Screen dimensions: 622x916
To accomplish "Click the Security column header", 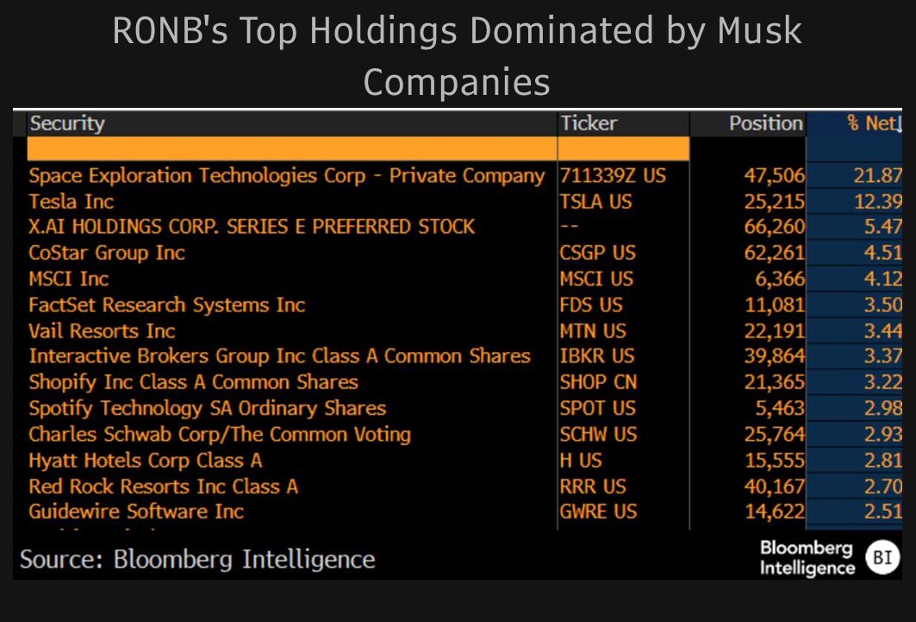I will point(67,123).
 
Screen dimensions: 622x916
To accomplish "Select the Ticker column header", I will point(589,123).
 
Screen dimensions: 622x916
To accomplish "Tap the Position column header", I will point(765,123).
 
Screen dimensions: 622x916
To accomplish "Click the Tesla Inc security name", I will point(72,202).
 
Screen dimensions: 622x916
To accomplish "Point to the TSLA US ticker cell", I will point(595,202).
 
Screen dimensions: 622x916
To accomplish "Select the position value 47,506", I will point(774,176).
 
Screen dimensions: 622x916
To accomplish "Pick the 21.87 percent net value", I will point(879,176).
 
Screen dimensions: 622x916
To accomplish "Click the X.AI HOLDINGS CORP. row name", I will point(252,227).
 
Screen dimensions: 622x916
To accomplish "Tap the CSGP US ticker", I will point(596,253).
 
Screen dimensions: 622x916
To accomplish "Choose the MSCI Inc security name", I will point(69,279).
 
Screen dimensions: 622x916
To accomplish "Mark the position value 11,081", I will point(774,305).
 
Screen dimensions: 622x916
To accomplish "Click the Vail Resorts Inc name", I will point(102,330).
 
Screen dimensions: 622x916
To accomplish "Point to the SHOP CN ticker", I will point(597,382).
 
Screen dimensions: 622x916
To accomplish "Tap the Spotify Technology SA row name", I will point(207,408).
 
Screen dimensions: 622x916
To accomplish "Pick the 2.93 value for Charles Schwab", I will point(882,434).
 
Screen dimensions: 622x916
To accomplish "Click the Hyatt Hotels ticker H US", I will point(581,460).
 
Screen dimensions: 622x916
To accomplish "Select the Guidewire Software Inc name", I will point(136,512).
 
